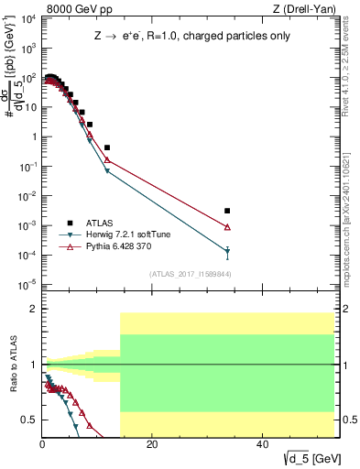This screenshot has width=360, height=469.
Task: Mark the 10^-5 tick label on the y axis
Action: [x=28, y=284]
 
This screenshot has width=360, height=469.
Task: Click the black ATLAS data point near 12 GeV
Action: [x=107, y=147]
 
